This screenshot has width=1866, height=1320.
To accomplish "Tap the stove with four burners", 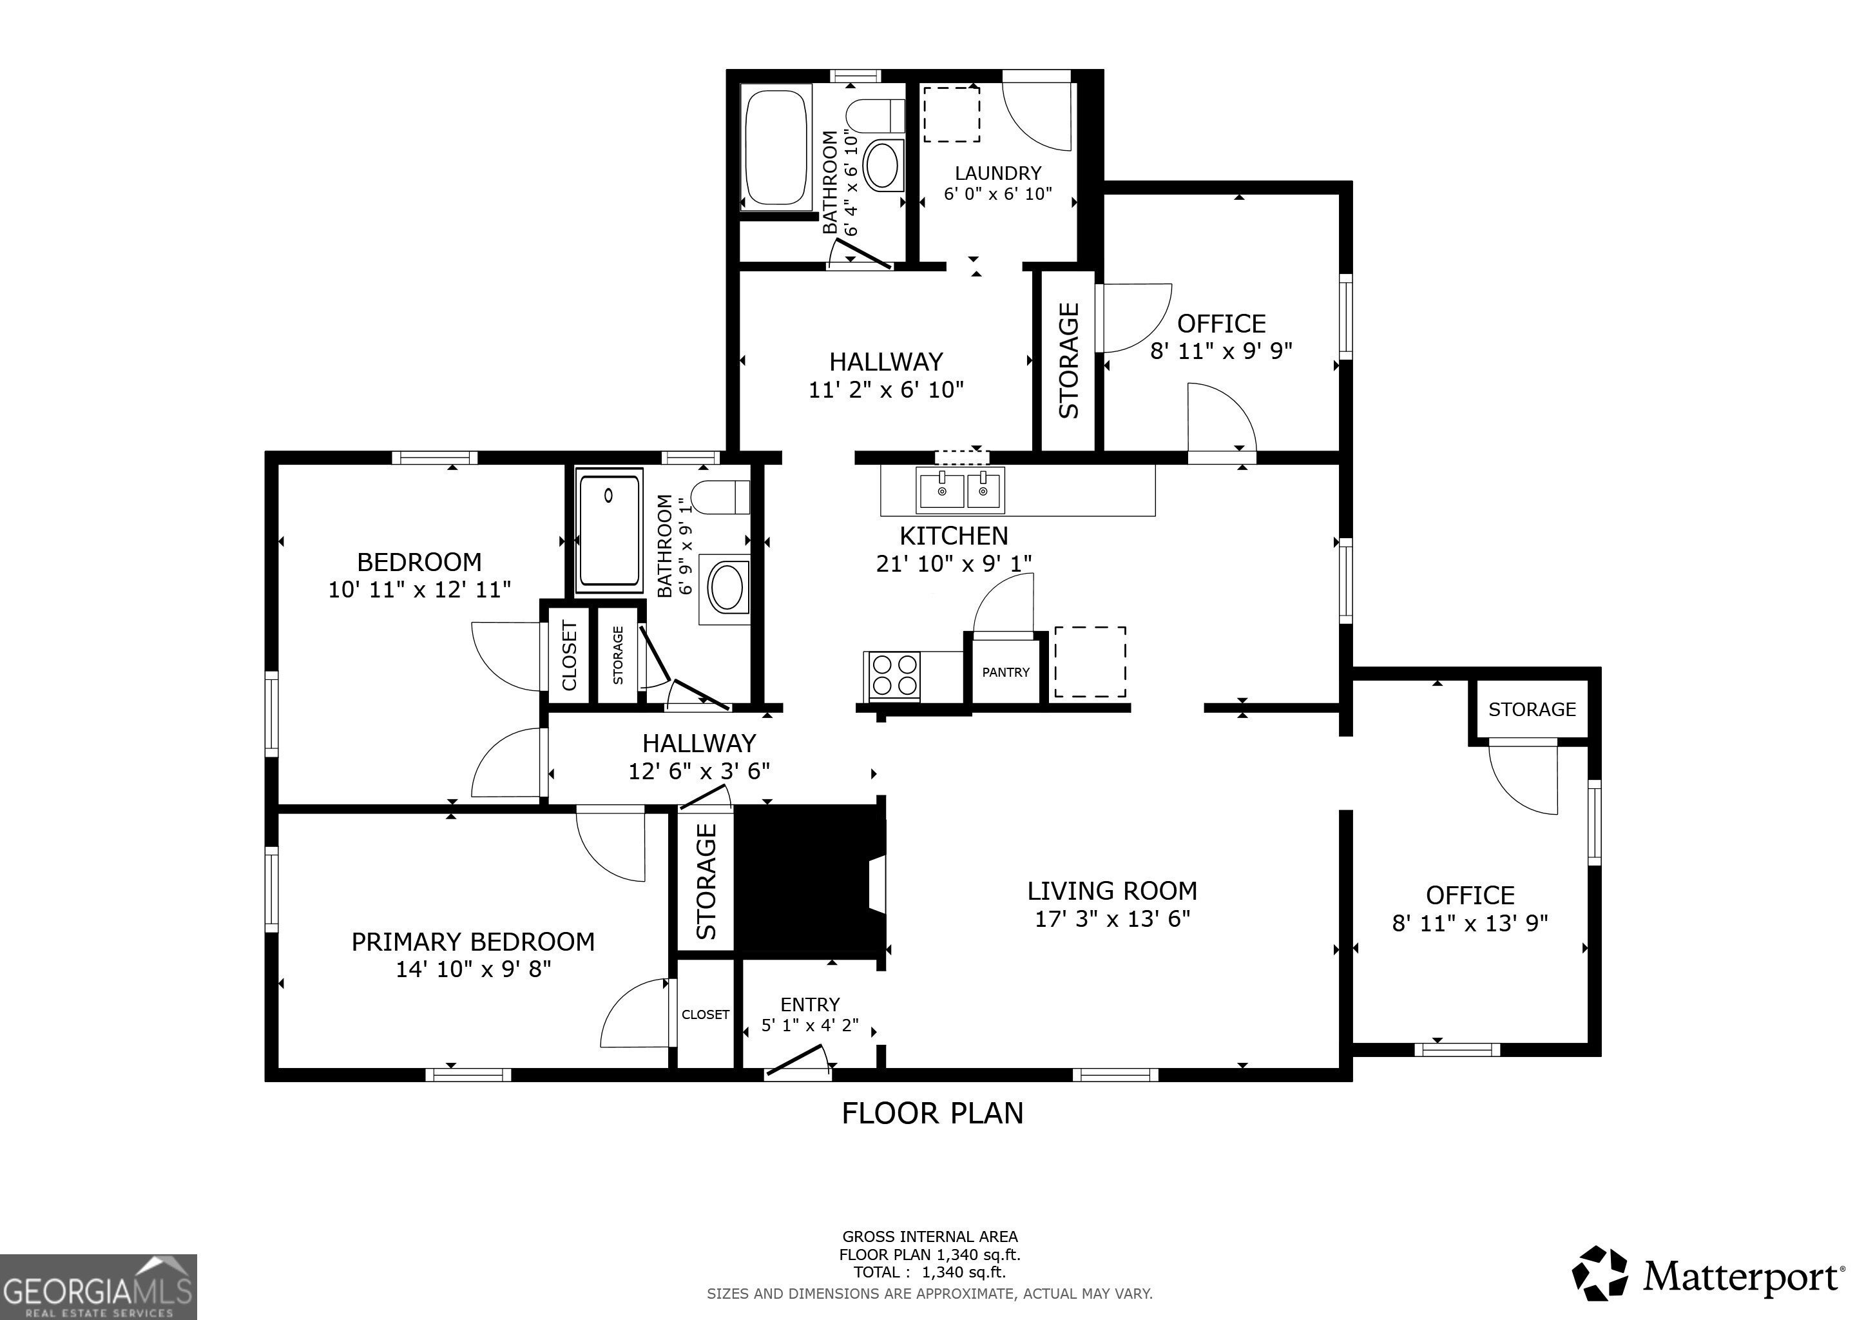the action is click(893, 675).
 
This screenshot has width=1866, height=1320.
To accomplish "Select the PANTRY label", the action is click(1005, 672).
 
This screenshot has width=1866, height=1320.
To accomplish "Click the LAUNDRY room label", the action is click(998, 173).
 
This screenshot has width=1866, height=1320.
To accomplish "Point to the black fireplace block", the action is click(809, 878).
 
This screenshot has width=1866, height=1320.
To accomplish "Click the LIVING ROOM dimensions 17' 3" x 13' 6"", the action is click(1113, 919).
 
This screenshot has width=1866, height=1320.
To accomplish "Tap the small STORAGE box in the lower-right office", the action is click(1532, 710).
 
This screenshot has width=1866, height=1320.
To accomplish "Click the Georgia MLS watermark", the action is click(99, 1286).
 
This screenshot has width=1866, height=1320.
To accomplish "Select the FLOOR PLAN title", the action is click(932, 1112).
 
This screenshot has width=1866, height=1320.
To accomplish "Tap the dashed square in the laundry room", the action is click(952, 114).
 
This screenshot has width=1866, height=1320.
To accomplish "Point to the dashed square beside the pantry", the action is click(1090, 662).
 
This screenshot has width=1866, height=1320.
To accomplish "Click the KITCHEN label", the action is click(954, 536).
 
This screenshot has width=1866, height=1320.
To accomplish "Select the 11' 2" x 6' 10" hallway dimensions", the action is click(886, 389).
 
